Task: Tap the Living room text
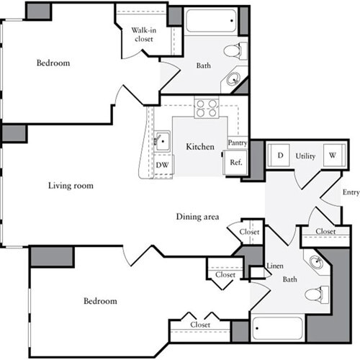[71, 186]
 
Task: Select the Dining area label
[198, 217]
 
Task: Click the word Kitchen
[200, 147]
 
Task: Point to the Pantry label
[238, 143]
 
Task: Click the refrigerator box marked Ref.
[235, 163]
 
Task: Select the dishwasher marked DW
[162, 165]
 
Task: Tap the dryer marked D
[279, 156]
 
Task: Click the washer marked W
[333, 156]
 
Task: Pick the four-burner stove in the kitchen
[207, 108]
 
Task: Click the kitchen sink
[163, 140]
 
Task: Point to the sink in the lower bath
[315, 262]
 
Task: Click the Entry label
[351, 192]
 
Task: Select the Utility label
[306, 156]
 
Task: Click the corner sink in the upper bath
[234, 80]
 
